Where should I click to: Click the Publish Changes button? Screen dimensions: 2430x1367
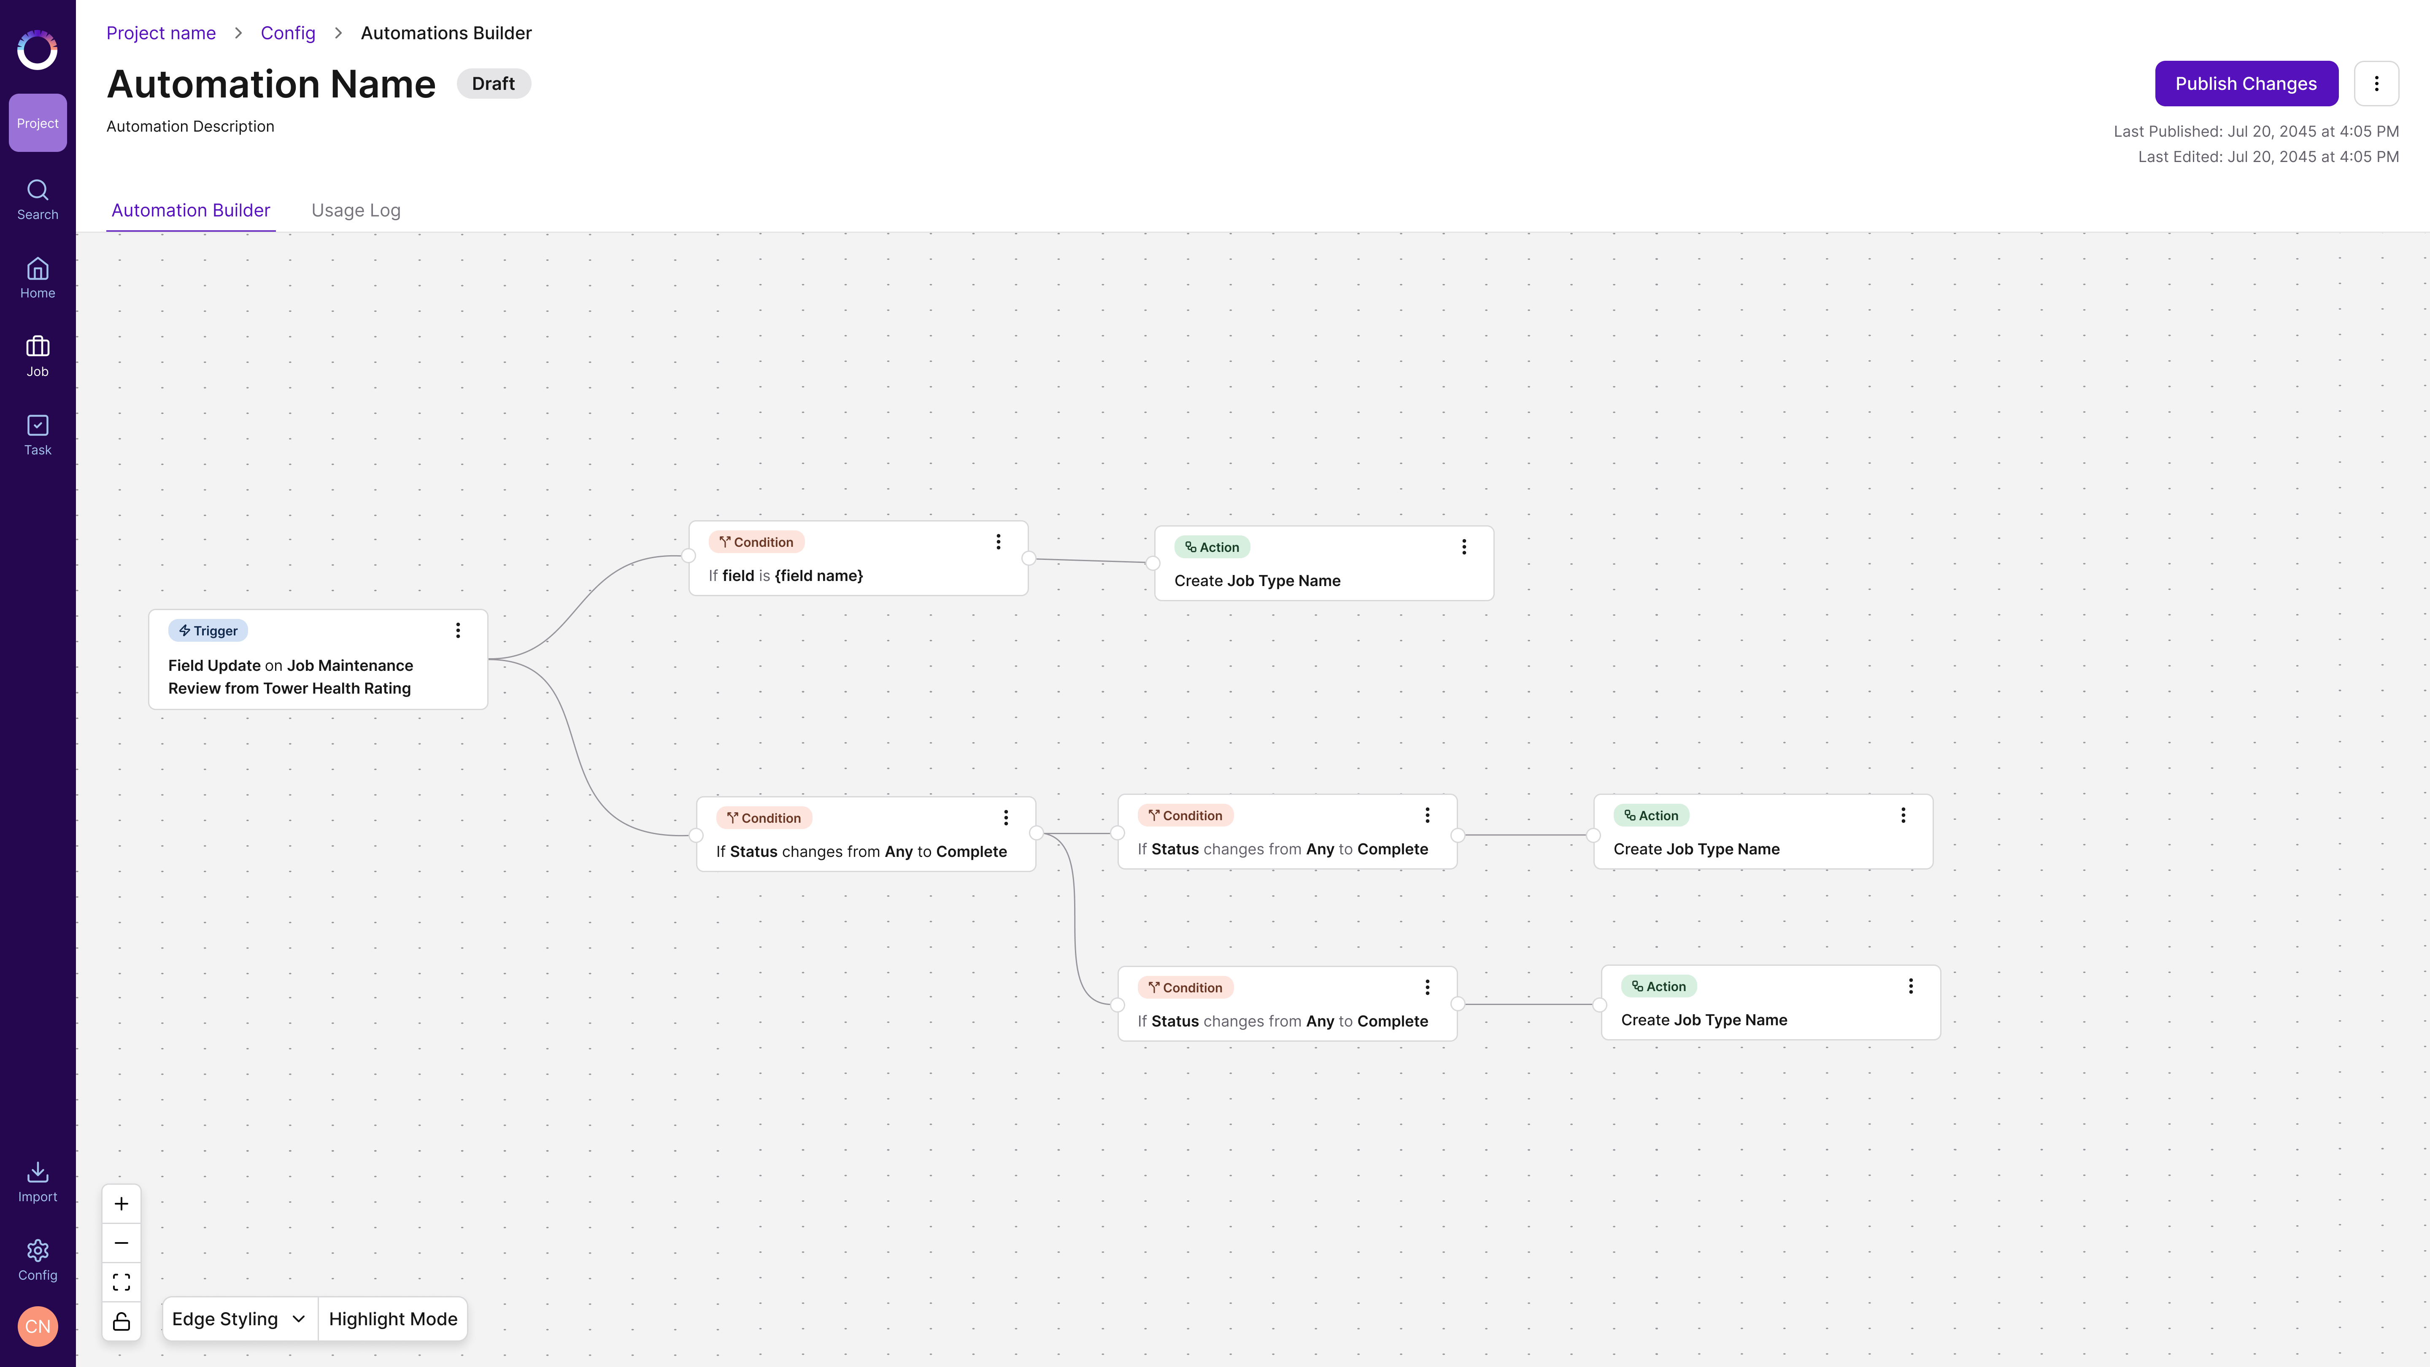(x=2246, y=84)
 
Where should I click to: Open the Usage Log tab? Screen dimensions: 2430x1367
(x=356, y=211)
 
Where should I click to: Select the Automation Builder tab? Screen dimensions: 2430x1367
(x=191, y=211)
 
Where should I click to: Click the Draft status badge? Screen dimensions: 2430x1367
(x=493, y=84)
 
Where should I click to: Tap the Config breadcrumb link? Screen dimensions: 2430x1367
(x=288, y=33)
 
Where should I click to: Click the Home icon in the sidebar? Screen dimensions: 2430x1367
(x=38, y=270)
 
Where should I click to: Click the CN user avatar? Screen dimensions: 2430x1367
(x=38, y=1326)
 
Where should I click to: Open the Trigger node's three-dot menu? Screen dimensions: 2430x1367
(x=459, y=630)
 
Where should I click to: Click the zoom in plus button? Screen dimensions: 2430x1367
(x=121, y=1204)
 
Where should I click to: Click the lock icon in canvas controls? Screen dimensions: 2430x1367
(x=121, y=1321)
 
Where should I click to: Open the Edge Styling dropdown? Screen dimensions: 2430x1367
(x=239, y=1319)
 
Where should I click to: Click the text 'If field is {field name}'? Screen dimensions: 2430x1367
(x=786, y=575)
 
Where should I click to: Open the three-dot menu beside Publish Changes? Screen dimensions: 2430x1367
(x=2376, y=84)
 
